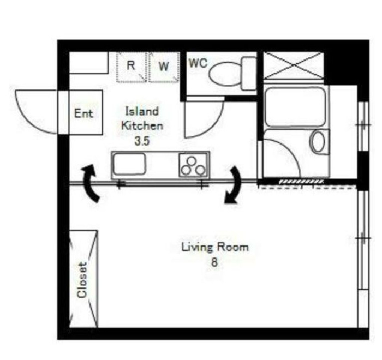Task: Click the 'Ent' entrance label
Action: pos(83,113)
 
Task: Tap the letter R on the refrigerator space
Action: pos(131,65)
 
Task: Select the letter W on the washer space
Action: pos(164,66)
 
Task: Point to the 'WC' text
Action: pos(198,63)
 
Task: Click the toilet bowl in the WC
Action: pos(225,74)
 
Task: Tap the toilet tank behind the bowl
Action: pos(249,73)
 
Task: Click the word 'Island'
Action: pos(142,111)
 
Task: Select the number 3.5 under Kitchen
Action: pos(142,141)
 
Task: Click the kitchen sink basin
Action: pos(129,164)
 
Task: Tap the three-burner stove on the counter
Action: pos(193,165)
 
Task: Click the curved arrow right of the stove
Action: pos(234,185)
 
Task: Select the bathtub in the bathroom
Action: pos(295,107)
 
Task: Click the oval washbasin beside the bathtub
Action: pos(318,141)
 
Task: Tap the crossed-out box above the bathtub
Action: pos(294,66)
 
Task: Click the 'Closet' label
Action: pos(82,280)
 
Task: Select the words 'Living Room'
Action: pos(215,247)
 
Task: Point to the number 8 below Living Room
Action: pos(214,262)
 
